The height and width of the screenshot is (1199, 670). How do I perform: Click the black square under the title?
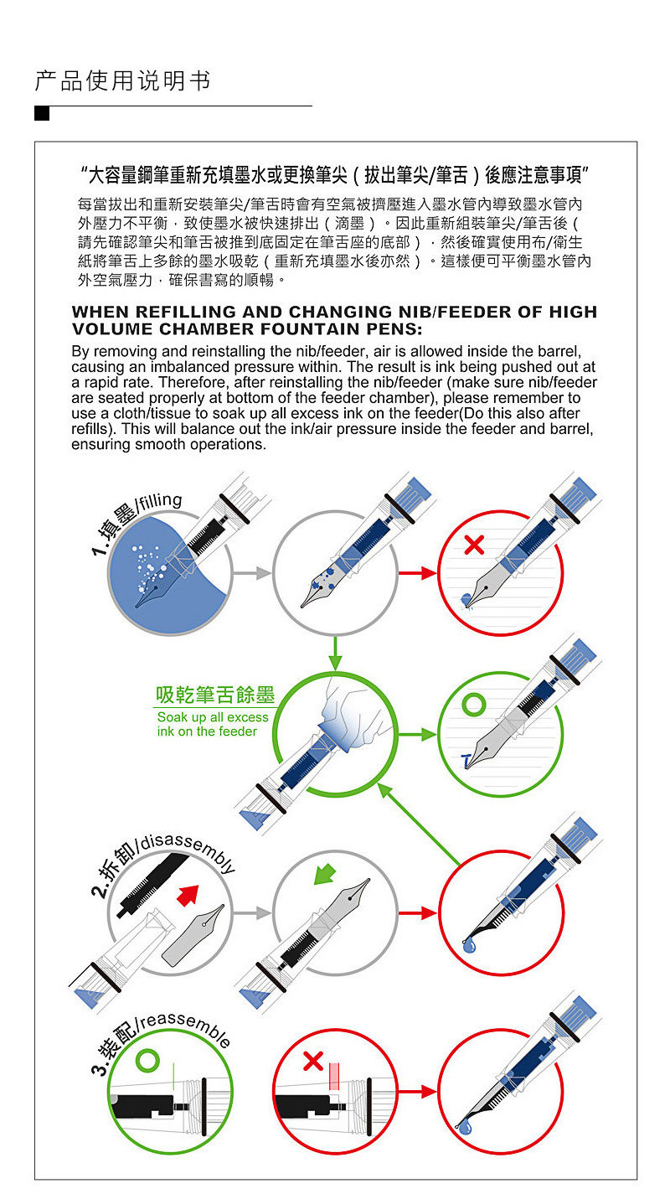42,113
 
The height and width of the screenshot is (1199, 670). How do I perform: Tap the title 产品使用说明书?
122,81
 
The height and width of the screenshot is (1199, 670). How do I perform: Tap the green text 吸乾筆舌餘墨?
215,695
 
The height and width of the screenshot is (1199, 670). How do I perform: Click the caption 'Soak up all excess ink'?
213,724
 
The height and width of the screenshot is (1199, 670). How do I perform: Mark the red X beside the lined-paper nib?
473,545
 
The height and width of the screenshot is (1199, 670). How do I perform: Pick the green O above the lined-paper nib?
473,705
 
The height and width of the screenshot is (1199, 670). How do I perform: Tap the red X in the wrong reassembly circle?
312,1062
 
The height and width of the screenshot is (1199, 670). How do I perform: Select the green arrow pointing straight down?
334,651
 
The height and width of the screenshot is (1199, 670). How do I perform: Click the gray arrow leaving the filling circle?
252,573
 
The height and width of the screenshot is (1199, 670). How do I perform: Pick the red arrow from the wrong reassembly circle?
417,1092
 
